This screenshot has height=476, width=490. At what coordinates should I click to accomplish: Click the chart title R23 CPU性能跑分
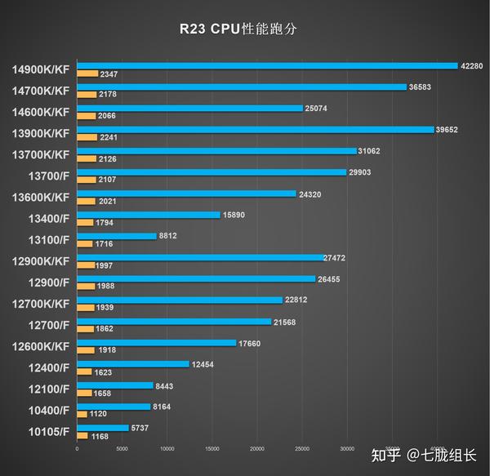point(245,29)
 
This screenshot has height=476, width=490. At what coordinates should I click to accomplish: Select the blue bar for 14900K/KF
point(266,65)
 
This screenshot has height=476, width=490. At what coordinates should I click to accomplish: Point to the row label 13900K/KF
point(41,133)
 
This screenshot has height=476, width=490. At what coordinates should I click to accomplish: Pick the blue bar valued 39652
point(255,129)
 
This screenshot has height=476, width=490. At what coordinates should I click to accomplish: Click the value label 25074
point(316,108)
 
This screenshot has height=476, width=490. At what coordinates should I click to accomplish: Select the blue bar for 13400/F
point(148,215)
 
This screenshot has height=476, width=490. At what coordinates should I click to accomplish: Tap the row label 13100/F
point(46,240)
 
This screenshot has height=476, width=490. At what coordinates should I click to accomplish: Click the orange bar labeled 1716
point(84,244)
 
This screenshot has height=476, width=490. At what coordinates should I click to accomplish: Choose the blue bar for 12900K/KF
point(200,257)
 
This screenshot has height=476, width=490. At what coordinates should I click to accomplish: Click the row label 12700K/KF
point(41,304)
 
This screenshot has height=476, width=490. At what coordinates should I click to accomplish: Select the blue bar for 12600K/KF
point(156,343)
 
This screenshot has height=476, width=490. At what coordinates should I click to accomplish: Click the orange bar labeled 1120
point(82,415)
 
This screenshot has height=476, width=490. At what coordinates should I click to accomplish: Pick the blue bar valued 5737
point(102,428)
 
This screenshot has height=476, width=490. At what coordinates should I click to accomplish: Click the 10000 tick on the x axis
point(167,448)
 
